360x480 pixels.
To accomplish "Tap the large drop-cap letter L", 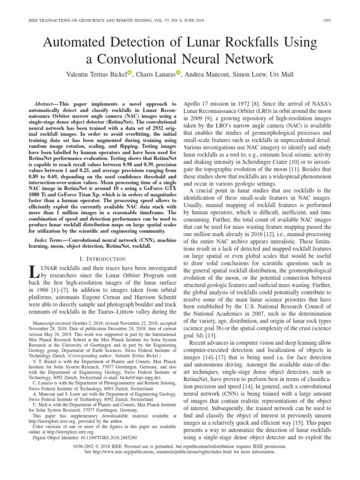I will [x=33, y=273].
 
